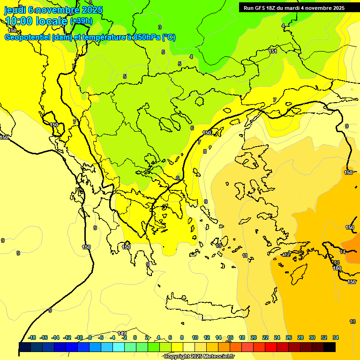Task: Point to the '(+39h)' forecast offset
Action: (81, 21)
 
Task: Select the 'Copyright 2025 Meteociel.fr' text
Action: (199, 357)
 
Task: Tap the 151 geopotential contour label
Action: (273, 52)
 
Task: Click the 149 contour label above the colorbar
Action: (122, 333)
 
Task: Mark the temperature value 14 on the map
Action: (343, 252)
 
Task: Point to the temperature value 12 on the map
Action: (287, 255)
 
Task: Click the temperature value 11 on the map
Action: (245, 255)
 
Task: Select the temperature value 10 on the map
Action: (218, 246)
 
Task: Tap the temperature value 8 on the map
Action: (204, 151)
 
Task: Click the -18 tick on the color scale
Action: (32, 337)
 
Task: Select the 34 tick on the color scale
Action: (336, 337)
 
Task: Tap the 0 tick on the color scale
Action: (135, 337)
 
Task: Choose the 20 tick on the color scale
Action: (254, 337)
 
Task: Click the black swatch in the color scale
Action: (330, 347)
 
